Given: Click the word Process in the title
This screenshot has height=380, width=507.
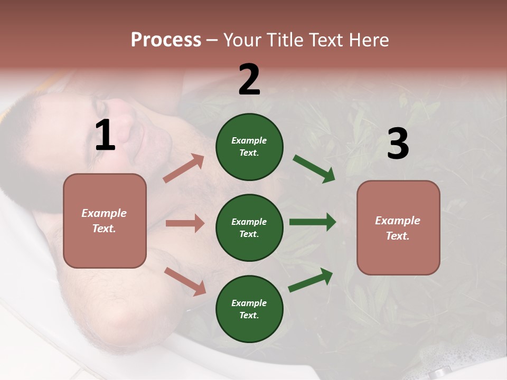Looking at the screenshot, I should click(166, 40).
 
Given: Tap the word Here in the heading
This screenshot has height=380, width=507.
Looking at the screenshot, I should click(367, 40).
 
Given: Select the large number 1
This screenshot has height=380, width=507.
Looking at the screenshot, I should click(105, 136).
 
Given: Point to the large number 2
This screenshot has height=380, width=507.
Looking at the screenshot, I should click(249, 80).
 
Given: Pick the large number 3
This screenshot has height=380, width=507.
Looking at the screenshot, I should click(398, 144).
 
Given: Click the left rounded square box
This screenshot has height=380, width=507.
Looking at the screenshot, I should click(105, 221).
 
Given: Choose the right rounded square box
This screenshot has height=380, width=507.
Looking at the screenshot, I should click(398, 227).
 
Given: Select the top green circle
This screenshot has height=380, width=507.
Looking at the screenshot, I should click(249, 147).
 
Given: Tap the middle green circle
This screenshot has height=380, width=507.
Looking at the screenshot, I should click(249, 227).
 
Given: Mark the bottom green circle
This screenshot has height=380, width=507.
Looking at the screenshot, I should click(249, 309).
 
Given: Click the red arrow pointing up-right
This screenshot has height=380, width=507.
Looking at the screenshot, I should click(184, 168).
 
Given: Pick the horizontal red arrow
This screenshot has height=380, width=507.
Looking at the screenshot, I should click(185, 223).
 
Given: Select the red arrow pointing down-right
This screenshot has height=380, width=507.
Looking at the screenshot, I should click(185, 281).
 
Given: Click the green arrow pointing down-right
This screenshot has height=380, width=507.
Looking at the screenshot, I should click(314, 169).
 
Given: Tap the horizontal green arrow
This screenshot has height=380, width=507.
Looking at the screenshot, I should click(312, 222).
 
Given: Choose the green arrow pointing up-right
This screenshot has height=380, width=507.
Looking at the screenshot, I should click(311, 280).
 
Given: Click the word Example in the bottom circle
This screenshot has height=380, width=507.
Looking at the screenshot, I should click(249, 303).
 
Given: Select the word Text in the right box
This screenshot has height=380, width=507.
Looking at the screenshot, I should click(397, 236).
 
